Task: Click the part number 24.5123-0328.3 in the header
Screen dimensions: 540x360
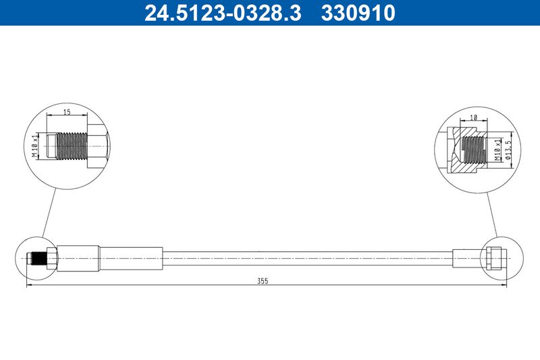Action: coord(223,13)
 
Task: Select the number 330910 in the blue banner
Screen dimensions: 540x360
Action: coord(358,13)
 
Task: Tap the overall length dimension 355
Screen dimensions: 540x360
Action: coord(263,281)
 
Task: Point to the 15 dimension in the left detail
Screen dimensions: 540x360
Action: coord(67,111)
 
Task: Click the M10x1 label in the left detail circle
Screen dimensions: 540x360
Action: coord(35,146)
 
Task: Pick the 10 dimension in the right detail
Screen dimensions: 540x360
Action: coord(474,118)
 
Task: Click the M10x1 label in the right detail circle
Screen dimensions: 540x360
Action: coord(497,150)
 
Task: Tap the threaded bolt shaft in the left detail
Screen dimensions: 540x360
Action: coord(71,146)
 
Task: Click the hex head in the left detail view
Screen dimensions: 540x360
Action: coord(98,146)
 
